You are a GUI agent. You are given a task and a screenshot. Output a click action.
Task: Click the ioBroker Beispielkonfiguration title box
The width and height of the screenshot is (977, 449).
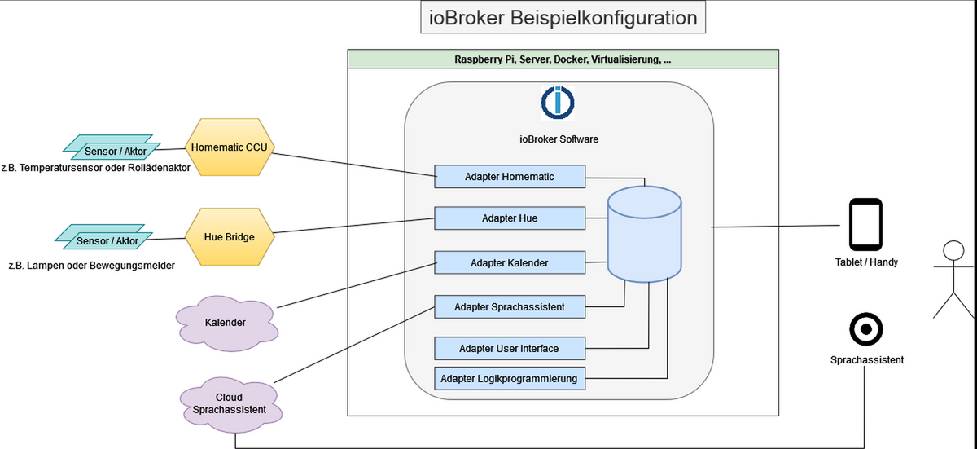click(563, 18)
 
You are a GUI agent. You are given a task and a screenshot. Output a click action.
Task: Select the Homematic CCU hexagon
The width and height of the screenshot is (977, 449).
click(229, 147)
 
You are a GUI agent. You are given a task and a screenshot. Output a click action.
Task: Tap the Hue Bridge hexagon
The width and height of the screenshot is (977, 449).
click(229, 237)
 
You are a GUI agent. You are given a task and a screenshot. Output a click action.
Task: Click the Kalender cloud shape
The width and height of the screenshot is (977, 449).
click(225, 322)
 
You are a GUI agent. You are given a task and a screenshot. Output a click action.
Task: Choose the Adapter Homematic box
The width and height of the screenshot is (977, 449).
click(509, 176)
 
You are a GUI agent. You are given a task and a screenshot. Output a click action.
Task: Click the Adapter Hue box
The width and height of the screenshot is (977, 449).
click(509, 218)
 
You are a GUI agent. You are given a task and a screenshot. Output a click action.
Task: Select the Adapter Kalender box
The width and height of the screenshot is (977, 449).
click(509, 262)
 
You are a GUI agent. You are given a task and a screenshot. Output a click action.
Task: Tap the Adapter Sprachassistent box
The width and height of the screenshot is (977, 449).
click(509, 307)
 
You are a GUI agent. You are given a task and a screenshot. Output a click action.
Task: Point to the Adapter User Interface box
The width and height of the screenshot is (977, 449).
click(509, 348)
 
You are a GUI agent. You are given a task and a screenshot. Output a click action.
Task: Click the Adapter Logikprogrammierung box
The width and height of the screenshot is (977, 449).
click(509, 378)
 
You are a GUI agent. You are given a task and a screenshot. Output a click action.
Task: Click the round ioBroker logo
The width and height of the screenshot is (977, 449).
click(558, 102)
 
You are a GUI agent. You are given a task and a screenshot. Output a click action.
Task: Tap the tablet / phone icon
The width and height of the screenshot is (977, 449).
click(865, 224)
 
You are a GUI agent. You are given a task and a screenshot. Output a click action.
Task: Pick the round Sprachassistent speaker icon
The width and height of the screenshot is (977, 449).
click(866, 330)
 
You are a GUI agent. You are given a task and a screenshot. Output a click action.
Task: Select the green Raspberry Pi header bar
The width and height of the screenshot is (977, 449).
click(562, 59)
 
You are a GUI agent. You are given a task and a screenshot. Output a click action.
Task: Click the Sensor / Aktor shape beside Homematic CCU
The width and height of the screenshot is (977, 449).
click(107, 147)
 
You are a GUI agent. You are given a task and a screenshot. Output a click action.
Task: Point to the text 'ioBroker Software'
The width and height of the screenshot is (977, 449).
click(559, 139)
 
